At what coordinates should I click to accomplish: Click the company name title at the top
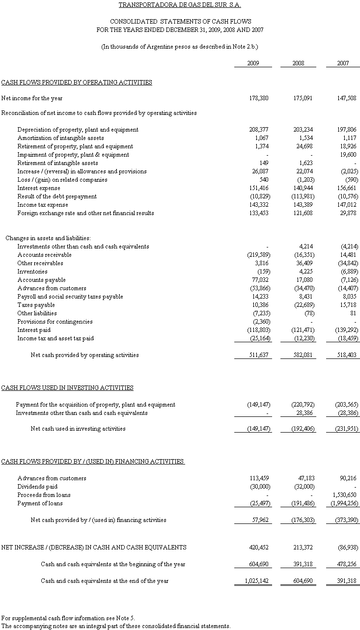point(180,5)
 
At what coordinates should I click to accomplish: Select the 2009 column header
point(253,63)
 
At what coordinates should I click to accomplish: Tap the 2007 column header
point(343,63)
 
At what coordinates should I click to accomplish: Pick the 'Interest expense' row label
point(39,188)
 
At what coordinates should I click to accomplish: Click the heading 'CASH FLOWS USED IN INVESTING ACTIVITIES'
point(67,388)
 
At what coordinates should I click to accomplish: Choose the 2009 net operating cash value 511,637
point(257,355)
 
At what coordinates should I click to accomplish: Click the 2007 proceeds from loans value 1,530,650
point(345,495)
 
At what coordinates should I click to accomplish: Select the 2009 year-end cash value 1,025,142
point(255,581)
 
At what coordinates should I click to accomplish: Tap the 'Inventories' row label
point(32,272)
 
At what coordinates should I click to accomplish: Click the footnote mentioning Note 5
point(68,618)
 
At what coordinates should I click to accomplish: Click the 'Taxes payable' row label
point(36,305)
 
